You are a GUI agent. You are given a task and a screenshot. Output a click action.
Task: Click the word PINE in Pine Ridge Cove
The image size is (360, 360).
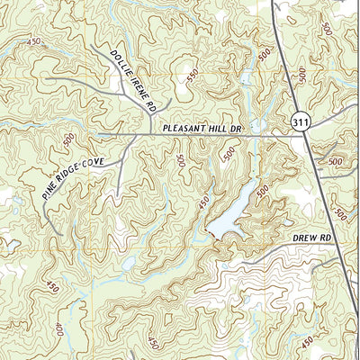49,185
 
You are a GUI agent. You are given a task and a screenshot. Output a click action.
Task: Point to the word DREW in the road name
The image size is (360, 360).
305,238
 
